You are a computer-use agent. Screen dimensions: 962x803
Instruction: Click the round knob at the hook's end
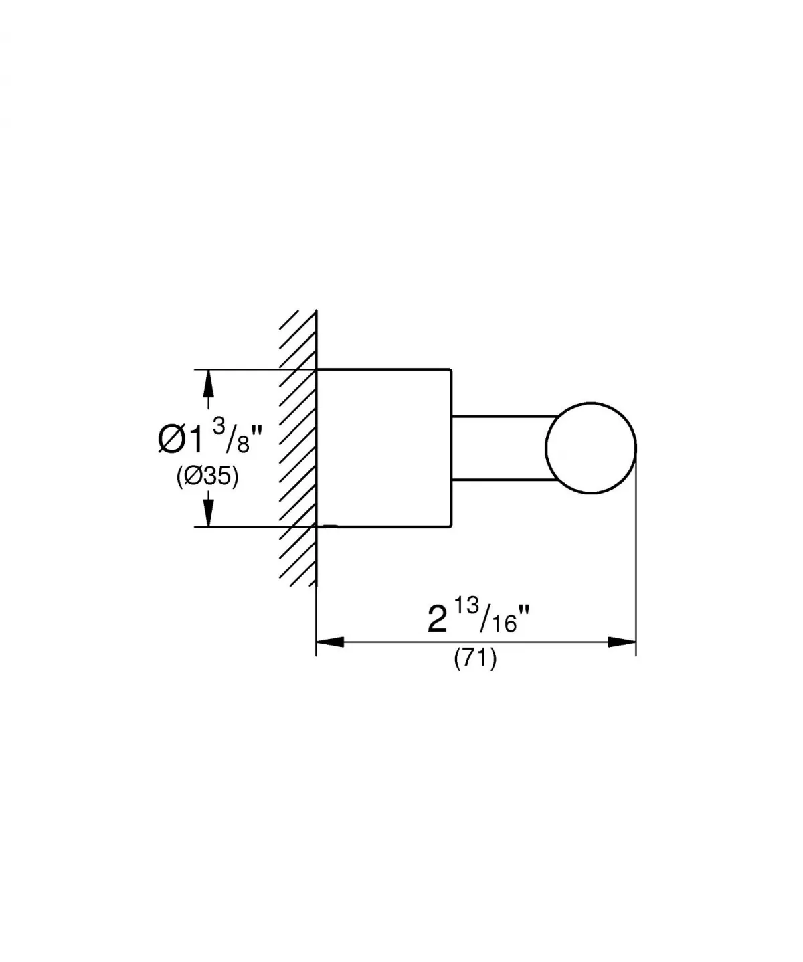click(x=591, y=448)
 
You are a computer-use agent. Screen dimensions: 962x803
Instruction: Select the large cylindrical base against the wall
click(x=383, y=448)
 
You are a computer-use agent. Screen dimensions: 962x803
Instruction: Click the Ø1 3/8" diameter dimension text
click(x=207, y=439)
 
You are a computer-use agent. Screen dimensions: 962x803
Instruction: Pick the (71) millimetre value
click(x=475, y=660)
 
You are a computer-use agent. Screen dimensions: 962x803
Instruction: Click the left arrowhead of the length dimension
click(x=330, y=642)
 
